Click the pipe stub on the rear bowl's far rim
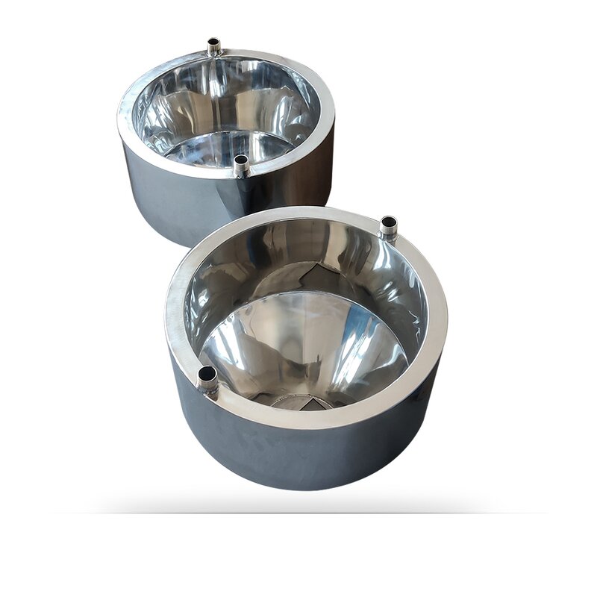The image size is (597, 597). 214,47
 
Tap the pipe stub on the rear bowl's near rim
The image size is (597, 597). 240,166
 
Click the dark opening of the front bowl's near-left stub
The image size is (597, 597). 207,372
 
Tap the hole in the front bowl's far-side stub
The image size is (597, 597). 389,222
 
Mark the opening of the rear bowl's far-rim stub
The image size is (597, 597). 214,42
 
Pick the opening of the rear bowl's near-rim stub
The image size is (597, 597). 240,160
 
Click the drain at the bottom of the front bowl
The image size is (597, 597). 302,401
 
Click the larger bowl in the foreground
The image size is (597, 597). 306,351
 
